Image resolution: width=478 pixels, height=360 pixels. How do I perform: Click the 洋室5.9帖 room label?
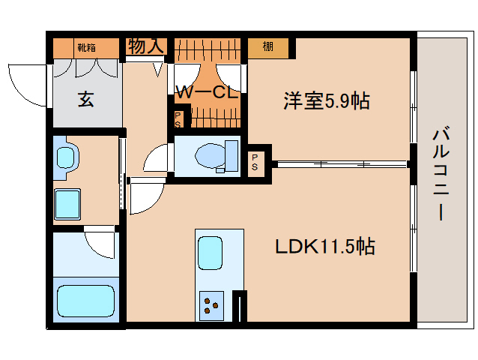pos(327,100)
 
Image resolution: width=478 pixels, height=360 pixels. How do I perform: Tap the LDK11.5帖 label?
pos(325,247)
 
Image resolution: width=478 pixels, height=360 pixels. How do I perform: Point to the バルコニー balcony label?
pos(441,174)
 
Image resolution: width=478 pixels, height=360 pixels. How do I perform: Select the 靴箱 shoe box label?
pos(87,47)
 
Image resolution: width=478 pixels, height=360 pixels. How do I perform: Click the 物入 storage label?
pos(146,46)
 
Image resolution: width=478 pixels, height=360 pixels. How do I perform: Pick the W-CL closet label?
pos(208,92)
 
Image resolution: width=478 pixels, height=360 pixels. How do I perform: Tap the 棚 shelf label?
pos(267,46)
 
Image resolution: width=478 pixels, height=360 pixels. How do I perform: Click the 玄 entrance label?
pos(85,99)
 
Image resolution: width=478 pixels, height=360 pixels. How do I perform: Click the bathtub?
pos(86,301)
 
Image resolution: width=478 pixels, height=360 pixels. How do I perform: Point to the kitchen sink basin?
pos(210,253)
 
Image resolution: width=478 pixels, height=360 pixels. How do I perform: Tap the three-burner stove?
pos(211,306)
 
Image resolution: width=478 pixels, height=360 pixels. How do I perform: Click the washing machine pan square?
pos(67,204)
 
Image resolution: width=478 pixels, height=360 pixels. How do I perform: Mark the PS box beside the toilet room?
pos(255,162)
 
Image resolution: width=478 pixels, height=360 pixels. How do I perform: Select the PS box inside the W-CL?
pos(178,120)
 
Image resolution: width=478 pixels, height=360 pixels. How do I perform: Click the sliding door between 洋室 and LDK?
pos(342,164)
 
